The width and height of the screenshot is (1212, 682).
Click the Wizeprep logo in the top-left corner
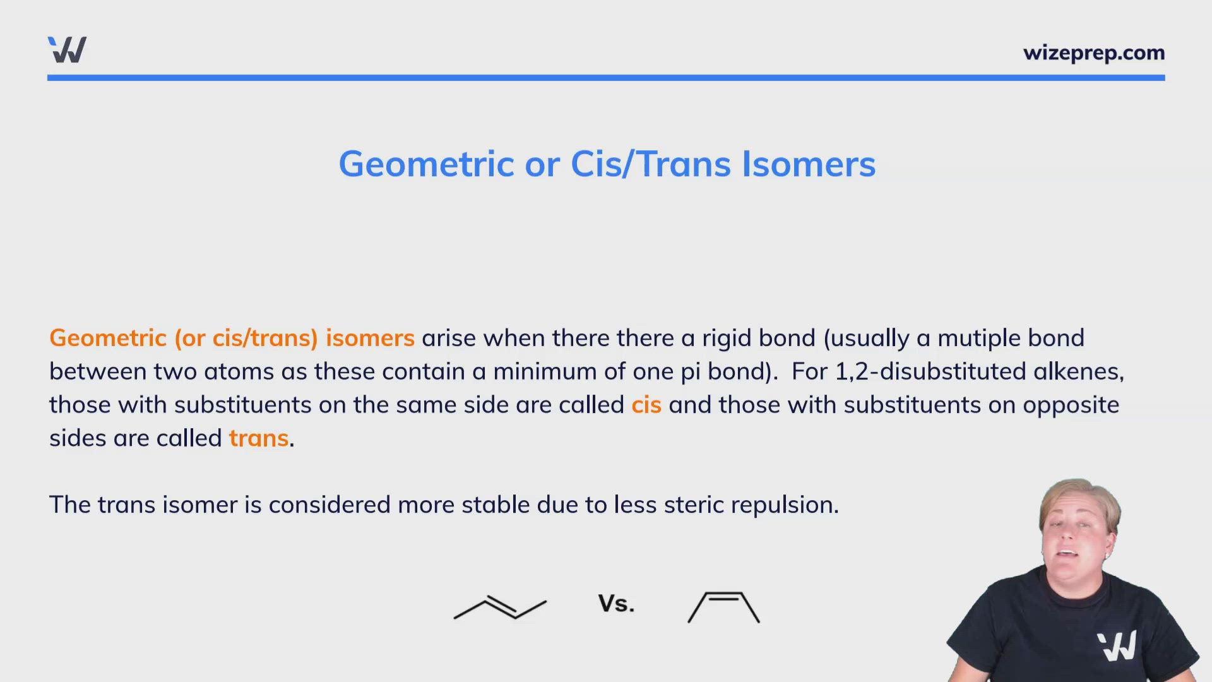coord(67,50)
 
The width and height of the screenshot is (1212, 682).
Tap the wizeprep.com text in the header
coord(1093,53)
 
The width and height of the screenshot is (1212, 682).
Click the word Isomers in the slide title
coord(809,164)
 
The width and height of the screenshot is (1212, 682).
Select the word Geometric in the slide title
coord(427,164)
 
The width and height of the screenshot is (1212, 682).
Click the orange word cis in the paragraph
coord(646,405)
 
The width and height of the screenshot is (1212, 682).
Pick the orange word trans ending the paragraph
coord(258,438)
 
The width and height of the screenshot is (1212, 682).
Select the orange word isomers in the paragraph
coord(370,338)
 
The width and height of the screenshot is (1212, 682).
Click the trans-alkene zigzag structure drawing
coord(500,607)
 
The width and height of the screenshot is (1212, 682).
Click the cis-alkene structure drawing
coord(723,607)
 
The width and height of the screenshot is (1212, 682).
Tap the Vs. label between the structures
coord(616,604)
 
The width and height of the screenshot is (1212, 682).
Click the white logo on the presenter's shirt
coord(1117,646)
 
